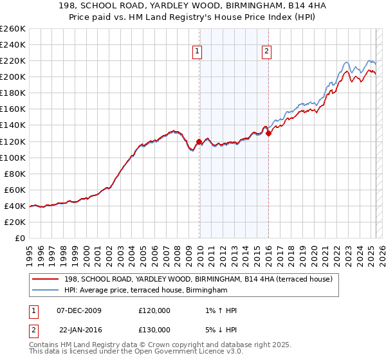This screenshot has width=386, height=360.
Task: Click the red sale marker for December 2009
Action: point(199,141)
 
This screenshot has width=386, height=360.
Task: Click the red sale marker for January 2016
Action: point(268,133)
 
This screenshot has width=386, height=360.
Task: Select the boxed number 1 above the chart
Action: point(196,53)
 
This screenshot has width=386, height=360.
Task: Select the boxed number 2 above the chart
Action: point(266,53)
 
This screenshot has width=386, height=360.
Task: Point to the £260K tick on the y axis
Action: point(13,29)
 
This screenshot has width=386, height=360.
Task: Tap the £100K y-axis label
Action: point(13,157)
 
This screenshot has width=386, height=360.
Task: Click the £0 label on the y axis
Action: point(19,238)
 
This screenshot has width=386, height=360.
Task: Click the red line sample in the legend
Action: point(45,279)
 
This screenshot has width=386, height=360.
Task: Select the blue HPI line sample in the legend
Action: point(45,291)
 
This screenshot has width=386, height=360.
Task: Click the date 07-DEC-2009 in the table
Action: point(79,310)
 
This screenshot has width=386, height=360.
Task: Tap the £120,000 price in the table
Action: point(154,310)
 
